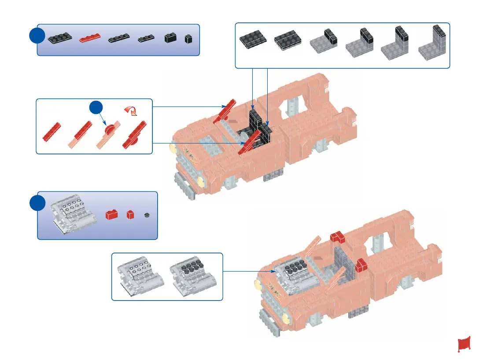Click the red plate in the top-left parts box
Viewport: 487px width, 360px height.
click(90, 38)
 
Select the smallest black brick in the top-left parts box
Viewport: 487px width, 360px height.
click(188, 39)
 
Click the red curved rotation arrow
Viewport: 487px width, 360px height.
click(131, 111)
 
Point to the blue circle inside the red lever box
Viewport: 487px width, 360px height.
click(97, 109)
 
